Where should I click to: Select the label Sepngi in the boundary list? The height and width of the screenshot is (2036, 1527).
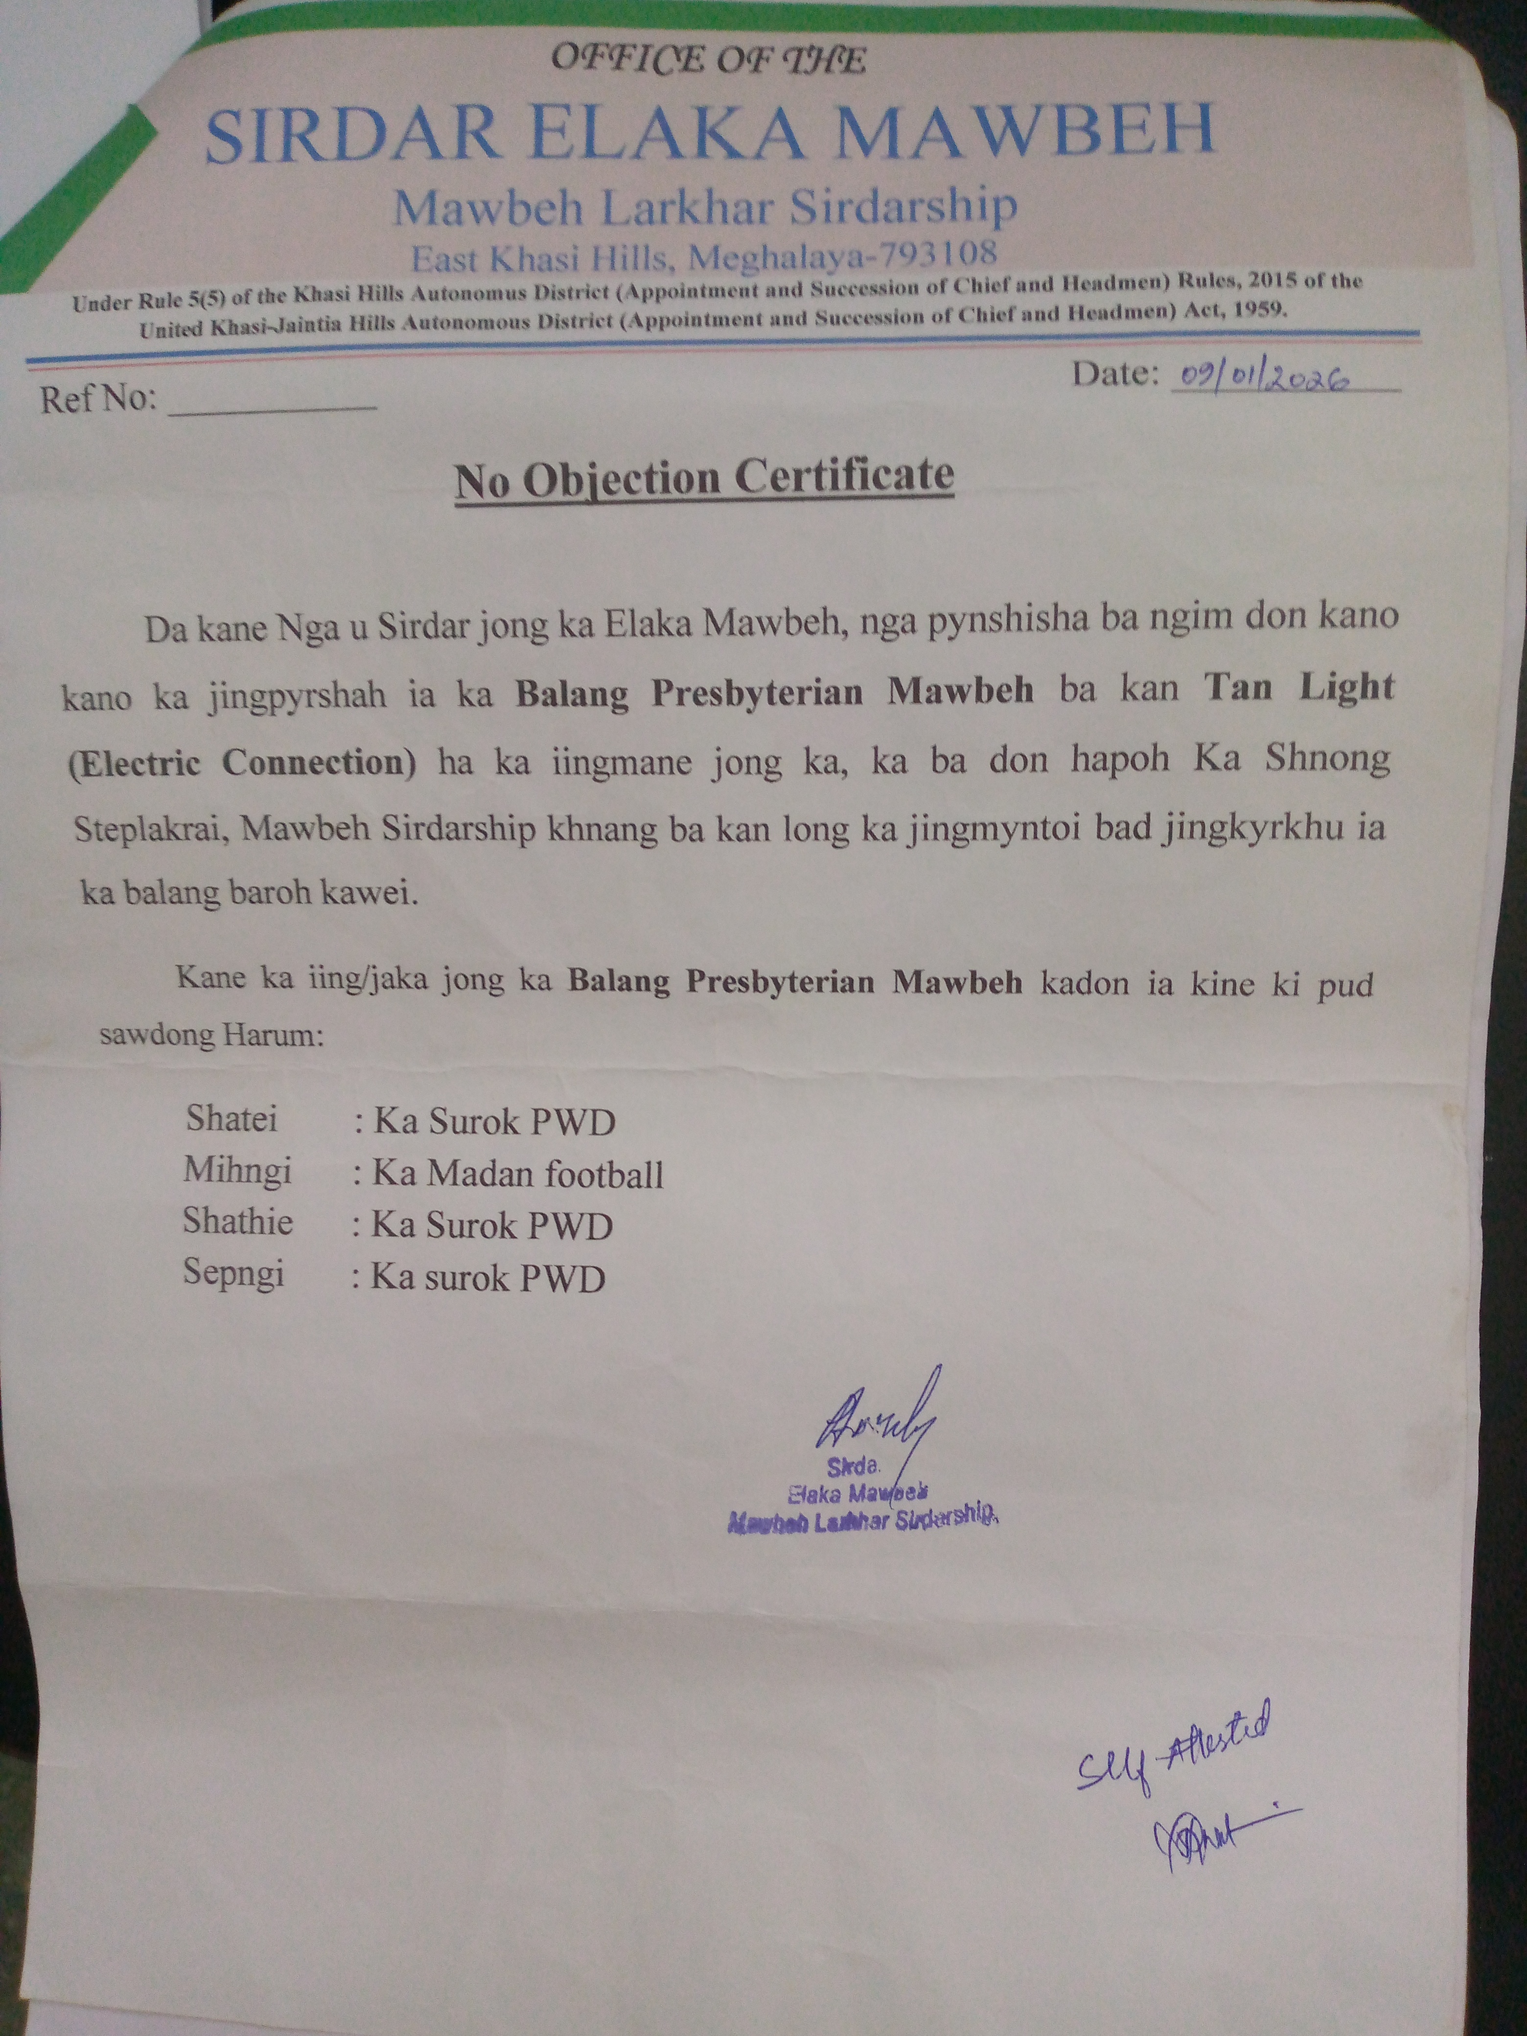click(233, 1273)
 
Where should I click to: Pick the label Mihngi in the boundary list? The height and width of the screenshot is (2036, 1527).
click(237, 1170)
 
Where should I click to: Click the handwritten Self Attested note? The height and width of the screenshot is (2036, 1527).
click(1174, 1744)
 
